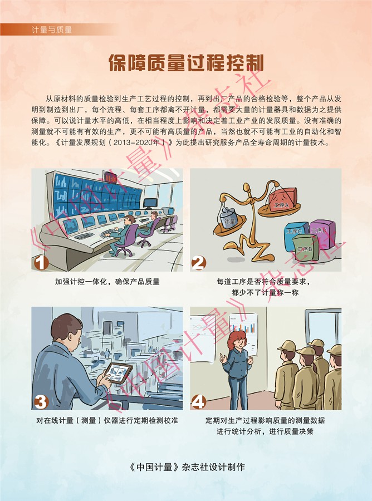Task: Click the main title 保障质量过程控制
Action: point(186,62)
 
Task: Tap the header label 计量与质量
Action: point(52,30)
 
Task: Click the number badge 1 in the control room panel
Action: point(41,263)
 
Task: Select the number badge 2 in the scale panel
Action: point(199,263)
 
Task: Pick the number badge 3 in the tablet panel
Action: point(41,402)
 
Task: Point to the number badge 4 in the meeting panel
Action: point(198,402)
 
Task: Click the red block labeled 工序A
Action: point(282,200)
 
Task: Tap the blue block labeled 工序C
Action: point(295,236)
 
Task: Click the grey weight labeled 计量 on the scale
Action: point(229,217)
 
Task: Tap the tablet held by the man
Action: point(119,372)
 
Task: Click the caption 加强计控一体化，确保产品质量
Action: point(107,282)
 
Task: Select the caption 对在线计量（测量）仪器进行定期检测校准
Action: point(107,420)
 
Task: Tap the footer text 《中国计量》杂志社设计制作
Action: point(187,467)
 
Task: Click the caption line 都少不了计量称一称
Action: point(265,292)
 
